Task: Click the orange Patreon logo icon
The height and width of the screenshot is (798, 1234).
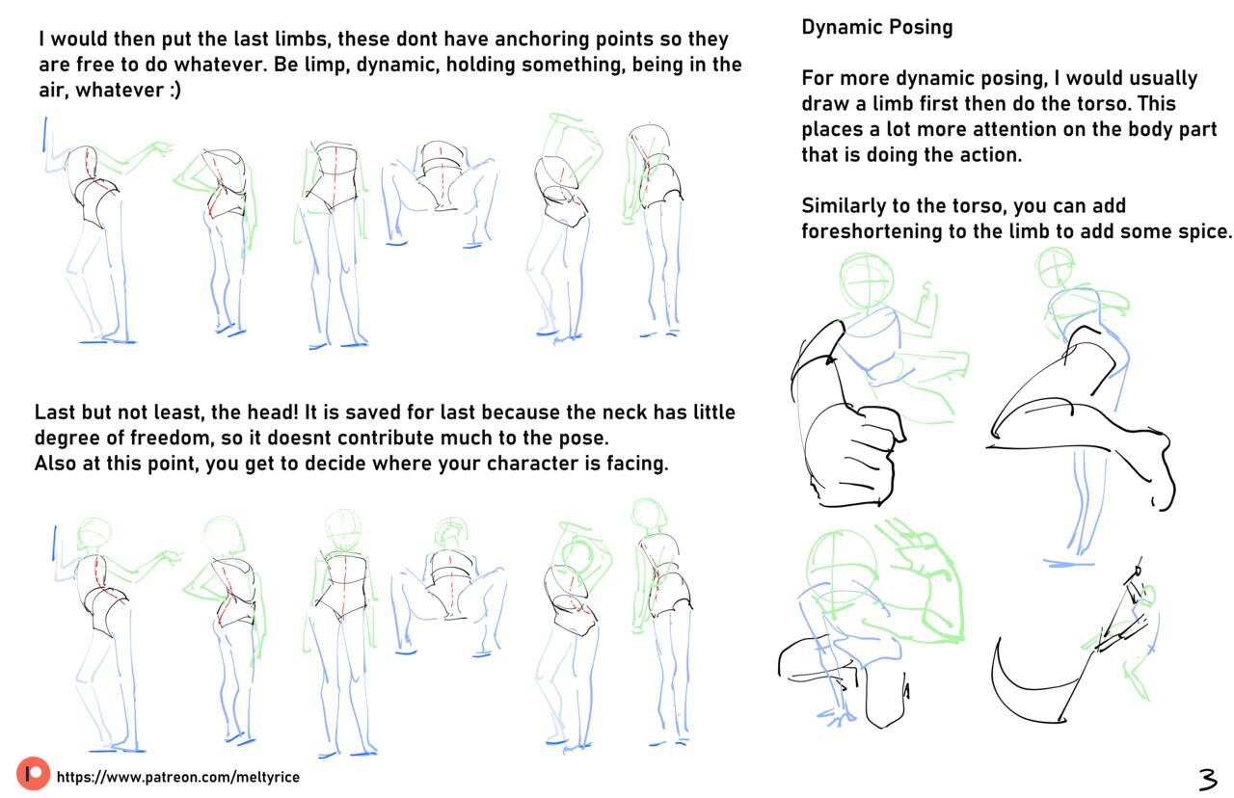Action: click(x=33, y=773)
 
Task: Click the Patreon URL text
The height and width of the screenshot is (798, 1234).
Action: click(x=178, y=777)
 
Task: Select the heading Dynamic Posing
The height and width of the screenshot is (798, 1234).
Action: click(x=877, y=27)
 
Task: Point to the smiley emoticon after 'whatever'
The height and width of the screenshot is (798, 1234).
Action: click(x=175, y=91)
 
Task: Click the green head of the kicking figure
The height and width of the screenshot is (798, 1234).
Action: click(x=1055, y=268)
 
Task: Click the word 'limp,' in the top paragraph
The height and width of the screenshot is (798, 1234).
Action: click(x=325, y=65)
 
